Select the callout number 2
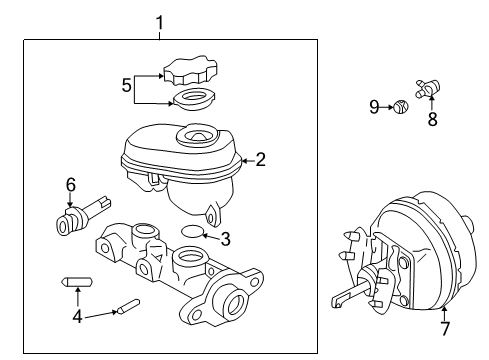click(260, 158)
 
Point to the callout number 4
click(78, 319)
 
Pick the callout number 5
click(126, 86)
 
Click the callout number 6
click(71, 184)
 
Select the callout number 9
click(373, 107)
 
